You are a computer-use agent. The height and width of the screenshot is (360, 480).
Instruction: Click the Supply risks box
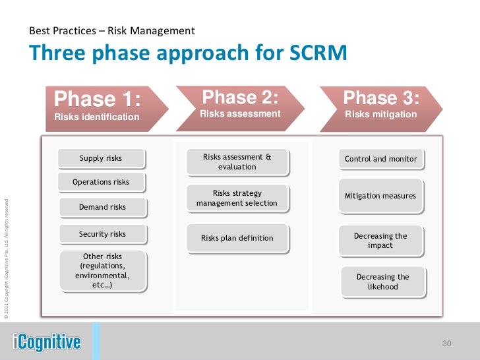[101, 158]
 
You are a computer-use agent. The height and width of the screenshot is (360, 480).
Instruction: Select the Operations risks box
[101, 182]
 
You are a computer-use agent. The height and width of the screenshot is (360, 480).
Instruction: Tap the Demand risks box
[102, 207]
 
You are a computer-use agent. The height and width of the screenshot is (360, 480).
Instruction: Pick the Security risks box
[102, 234]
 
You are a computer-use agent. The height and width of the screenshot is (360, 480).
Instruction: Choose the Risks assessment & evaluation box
[237, 162]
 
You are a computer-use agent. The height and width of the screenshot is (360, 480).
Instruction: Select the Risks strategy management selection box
[237, 198]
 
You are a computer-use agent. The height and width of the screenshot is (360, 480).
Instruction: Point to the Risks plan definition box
[237, 238]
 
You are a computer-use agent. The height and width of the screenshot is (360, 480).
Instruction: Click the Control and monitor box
[381, 159]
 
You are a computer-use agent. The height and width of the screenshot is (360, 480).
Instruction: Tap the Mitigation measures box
[381, 196]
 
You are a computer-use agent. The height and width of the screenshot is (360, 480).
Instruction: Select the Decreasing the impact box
[381, 241]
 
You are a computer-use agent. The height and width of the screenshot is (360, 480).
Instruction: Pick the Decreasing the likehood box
[383, 282]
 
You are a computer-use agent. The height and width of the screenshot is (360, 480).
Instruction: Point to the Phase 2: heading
[240, 98]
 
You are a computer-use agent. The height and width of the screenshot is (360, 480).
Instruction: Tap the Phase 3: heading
[381, 99]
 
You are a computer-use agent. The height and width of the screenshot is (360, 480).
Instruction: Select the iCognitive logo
[47, 342]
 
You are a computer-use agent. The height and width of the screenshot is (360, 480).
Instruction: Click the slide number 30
[446, 343]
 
